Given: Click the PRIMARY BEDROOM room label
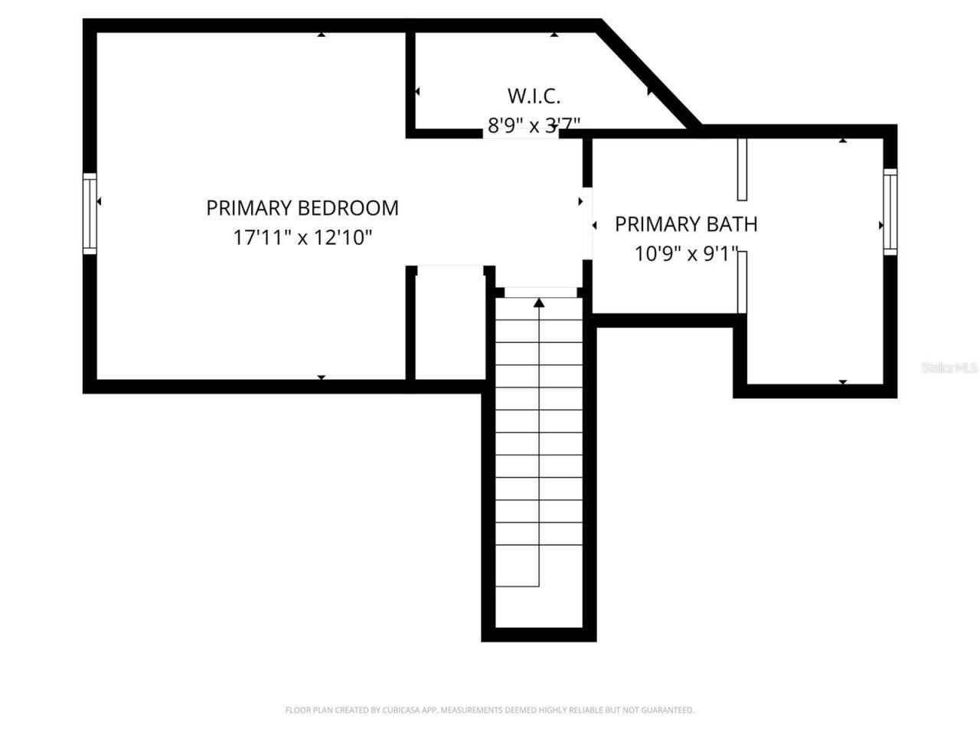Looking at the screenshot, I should (302, 207).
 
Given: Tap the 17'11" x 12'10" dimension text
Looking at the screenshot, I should (302, 237).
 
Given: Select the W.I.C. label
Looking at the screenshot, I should (534, 96).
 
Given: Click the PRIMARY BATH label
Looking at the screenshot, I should (686, 224).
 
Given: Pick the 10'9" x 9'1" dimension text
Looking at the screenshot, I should (686, 253).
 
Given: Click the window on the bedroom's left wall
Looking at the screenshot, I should (90, 214).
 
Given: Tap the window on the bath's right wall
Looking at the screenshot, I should (890, 211).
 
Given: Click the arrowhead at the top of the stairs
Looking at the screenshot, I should (539, 303).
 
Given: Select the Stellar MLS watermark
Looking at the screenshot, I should (949, 367).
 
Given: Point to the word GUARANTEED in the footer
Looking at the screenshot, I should (668, 710).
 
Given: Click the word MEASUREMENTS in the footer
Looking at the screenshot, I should (472, 710).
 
